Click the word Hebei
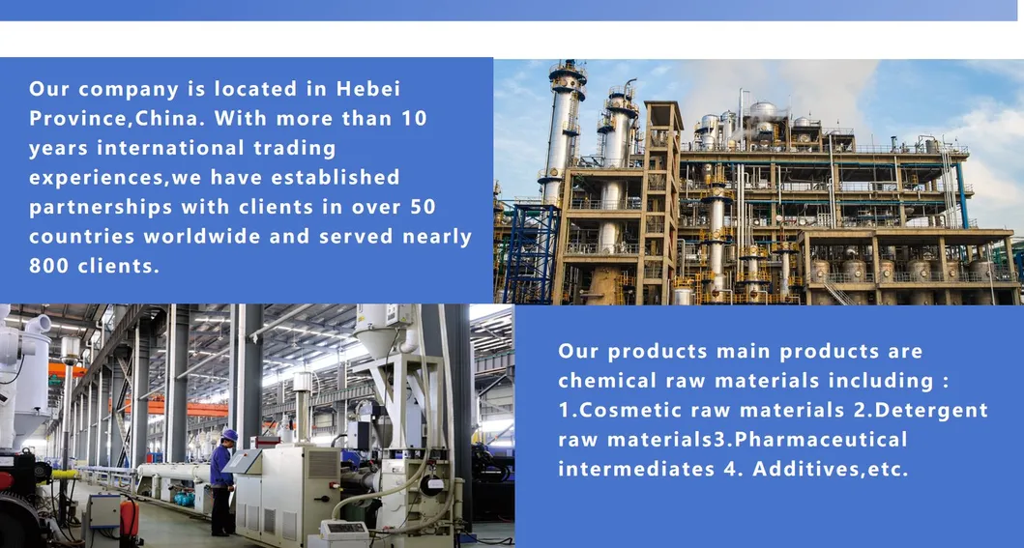[x=367, y=89]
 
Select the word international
[x=170, y=148]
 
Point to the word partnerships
[x=100, y=208]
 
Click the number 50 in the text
[x=423, y=207]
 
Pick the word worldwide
[x=202, y=236]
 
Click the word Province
[x=79, y=118]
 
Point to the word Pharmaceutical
[x=821, y=439]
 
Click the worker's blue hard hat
[x=229, y=435]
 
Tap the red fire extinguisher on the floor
[x=130, y=520]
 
